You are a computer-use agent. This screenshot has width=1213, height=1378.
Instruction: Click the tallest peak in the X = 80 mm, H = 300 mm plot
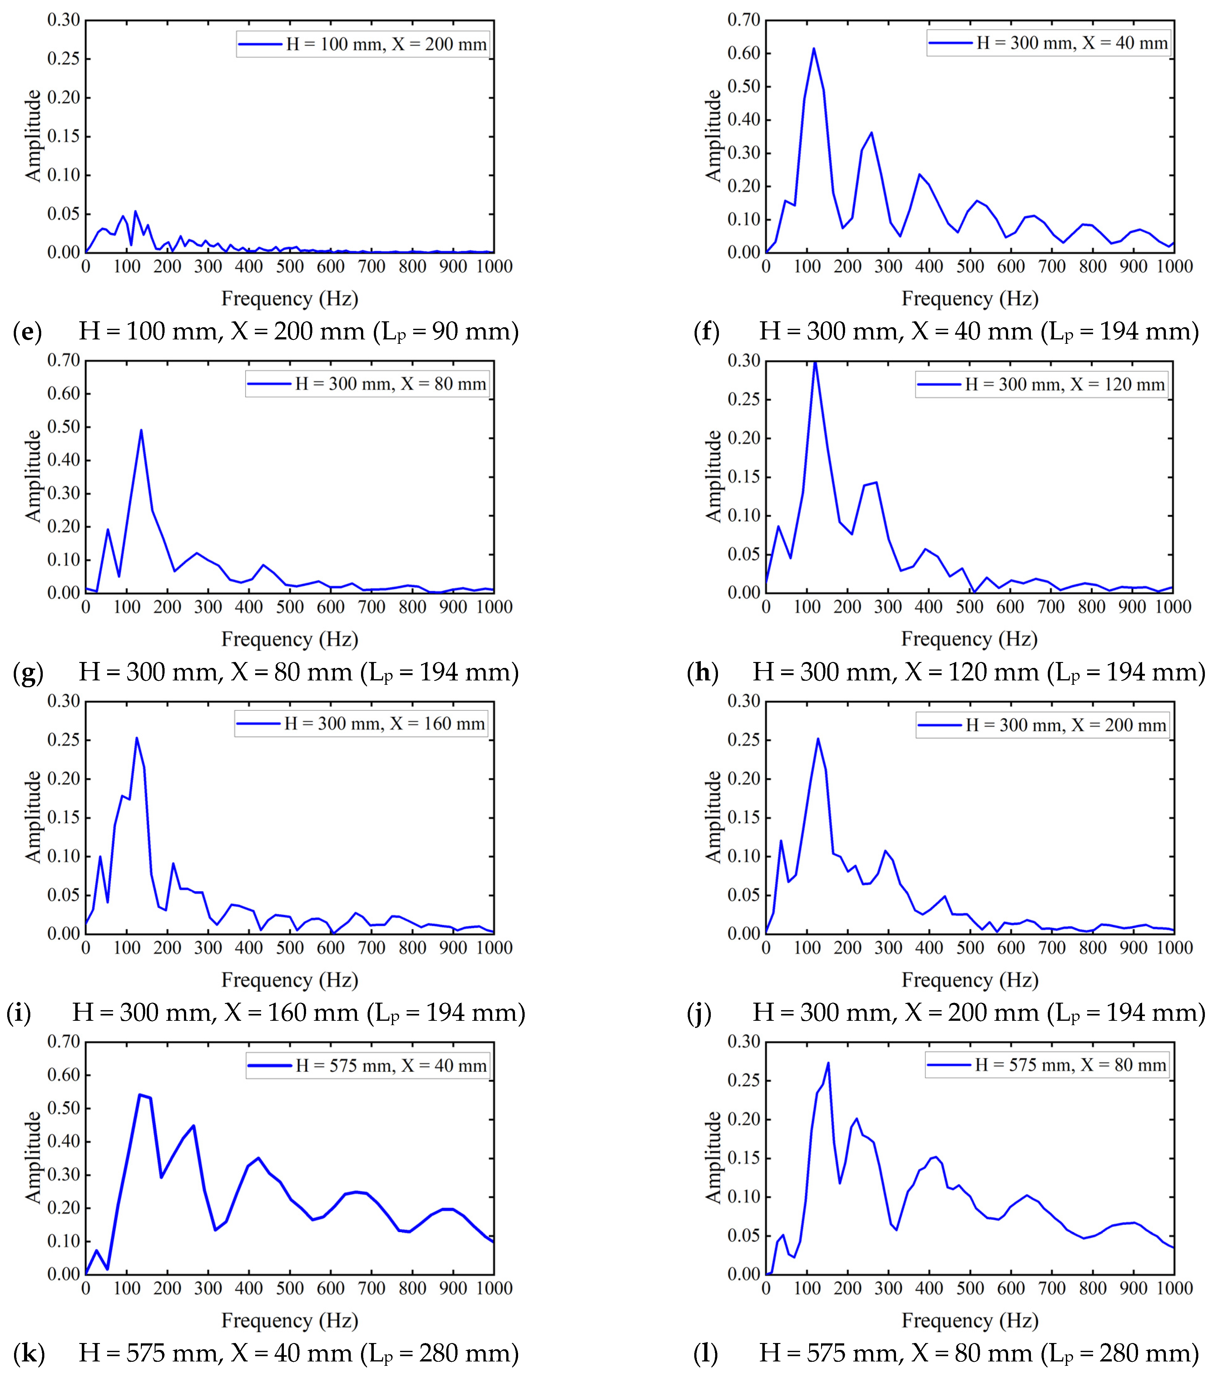pos(141,430)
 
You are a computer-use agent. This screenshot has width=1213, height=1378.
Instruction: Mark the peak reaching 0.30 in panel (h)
pos(815,362)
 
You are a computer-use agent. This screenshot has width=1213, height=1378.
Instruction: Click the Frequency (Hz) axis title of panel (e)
pos(289,299)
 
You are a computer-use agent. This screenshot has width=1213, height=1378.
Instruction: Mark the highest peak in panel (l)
pos(828,1063)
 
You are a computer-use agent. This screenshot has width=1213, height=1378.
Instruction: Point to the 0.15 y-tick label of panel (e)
pos(63,136)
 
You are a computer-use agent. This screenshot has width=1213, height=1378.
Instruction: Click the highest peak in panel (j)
pos(818,739)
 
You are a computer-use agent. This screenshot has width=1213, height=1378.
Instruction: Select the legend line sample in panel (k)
pos(270,1066)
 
